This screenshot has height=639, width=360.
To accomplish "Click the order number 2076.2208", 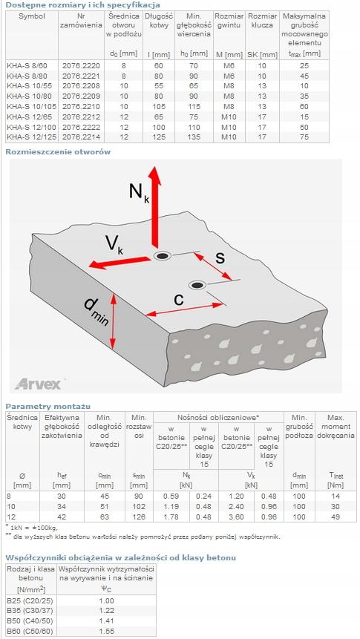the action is coord(81,86).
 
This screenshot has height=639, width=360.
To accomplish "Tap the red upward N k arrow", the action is coord(154,207).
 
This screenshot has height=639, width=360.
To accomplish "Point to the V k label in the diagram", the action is coord(114,244).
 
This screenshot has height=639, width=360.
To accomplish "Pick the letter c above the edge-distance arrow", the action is coord(179,298).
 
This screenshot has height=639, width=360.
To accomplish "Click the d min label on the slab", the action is coord(96,311).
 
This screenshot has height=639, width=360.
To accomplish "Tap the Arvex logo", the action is coord(38,384).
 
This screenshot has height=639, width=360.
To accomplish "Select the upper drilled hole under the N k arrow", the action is coord(163,256).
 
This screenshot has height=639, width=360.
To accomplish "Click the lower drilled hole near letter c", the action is coord(198,284).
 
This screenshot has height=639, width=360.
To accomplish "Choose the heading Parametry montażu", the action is coord(48,406).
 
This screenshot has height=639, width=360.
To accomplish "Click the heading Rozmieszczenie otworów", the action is coord(58,152).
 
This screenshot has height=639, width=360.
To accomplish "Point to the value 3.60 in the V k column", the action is coord(237,517).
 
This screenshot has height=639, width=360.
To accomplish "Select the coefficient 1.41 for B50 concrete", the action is coord(106,621).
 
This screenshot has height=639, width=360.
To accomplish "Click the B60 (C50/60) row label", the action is coord(30,632).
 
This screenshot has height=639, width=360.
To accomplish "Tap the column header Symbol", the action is coord(32,17).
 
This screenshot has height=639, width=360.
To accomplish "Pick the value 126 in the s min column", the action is coord(139,517).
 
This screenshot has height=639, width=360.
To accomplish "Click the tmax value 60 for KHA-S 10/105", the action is coord(304,106).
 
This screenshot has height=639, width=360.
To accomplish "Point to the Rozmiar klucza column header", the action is coord(263,21).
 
